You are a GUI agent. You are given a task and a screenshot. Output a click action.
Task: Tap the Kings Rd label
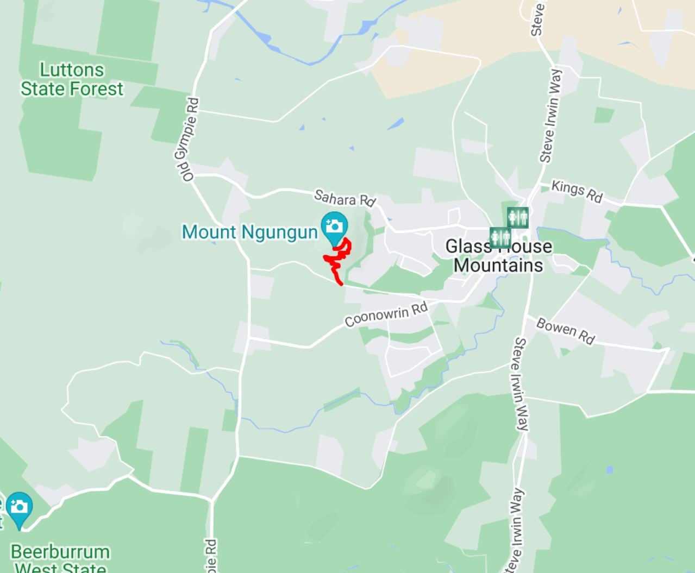(577, 191)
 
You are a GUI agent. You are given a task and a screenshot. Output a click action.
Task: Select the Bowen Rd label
(565, 331)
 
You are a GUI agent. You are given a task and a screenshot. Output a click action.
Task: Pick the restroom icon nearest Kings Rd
(518, 218)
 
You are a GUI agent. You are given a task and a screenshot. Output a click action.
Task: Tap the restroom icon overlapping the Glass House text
(500, 238)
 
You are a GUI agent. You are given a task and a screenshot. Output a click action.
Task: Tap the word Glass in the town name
(467, 247)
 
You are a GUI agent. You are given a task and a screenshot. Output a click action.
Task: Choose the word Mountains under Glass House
(498, 265)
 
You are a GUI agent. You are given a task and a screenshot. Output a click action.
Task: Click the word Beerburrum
(60, 552)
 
